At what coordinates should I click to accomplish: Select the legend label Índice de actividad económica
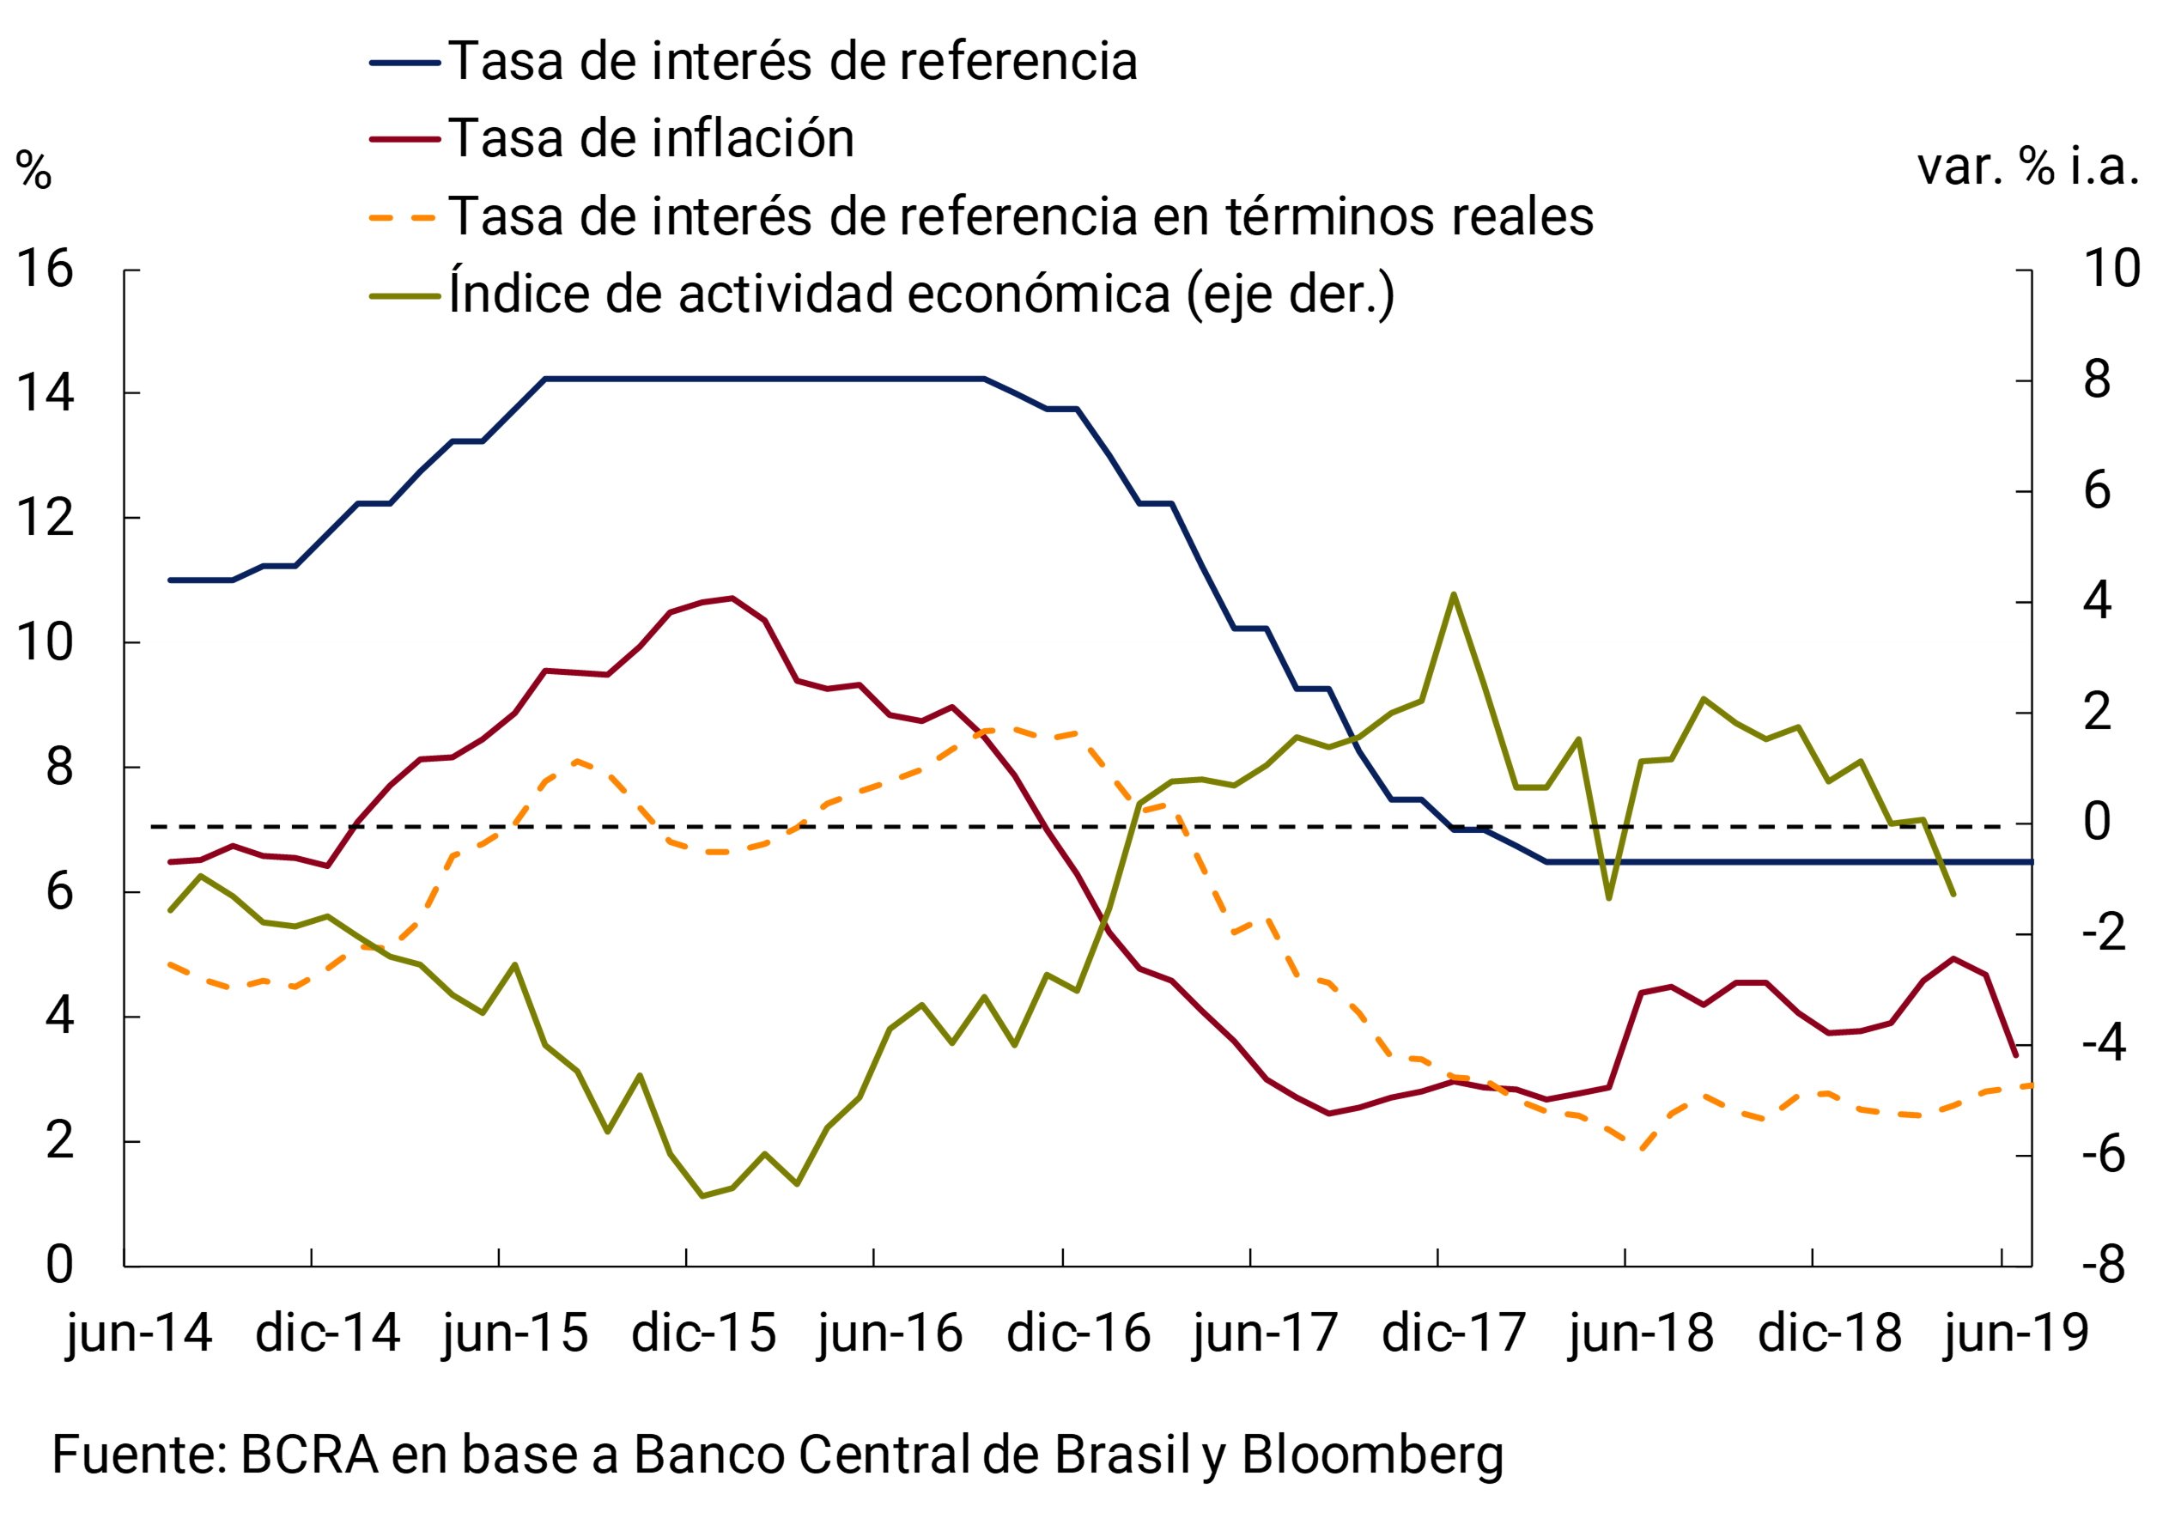921,294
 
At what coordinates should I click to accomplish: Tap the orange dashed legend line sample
404,217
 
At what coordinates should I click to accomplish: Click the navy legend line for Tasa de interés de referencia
404,63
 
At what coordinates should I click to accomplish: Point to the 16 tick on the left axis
45,269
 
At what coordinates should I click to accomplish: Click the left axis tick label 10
45,643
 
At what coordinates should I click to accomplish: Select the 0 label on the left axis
59,1265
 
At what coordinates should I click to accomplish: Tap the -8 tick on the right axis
2103,1265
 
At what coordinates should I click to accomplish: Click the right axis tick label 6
2097,491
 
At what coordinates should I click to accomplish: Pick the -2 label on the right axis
2103,933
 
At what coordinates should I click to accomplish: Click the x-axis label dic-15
704,1334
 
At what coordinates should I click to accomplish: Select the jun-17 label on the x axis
1267,1334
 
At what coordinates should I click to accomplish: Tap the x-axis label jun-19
2016,1334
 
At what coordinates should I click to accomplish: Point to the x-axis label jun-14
140,1334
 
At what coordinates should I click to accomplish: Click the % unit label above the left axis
33,171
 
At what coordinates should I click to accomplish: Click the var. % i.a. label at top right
2028,167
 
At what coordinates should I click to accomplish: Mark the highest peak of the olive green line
1454,596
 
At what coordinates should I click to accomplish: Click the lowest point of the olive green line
702,1196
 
